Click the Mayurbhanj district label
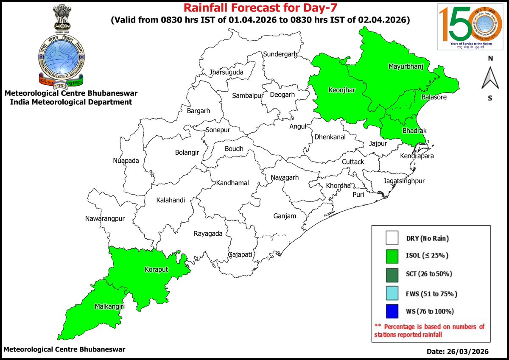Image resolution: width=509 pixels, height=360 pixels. click(409, 67)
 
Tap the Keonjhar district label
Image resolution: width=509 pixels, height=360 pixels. click(342, 90)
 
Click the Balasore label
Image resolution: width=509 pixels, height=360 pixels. click(433, 98)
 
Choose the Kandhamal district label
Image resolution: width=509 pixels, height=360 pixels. click(232, 183)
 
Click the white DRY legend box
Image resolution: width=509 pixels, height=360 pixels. click(392, 238)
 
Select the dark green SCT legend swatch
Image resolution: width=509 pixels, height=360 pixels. click(392, 274)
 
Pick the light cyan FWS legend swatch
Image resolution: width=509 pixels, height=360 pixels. click(392, 293)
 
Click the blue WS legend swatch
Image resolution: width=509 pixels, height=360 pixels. click(392, 311)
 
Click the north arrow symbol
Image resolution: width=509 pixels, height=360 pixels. click(490, 78)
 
